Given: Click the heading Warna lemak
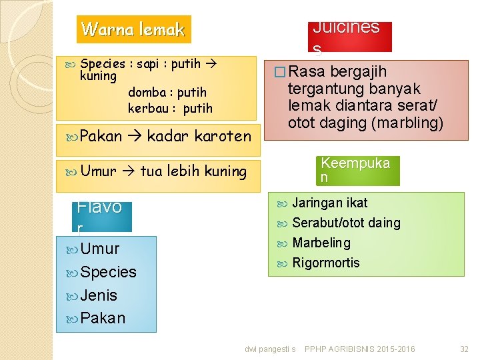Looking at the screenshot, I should tap(133, 29).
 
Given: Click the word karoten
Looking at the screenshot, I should tap(223, 136).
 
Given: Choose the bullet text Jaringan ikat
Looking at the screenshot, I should tap(329, 203).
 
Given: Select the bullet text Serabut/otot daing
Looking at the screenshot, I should tap(346, 223).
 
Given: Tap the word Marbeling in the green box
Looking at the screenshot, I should tap(321, 243).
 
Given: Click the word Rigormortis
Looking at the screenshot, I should tap(325, 263).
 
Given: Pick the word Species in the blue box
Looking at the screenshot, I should tap(108, 272).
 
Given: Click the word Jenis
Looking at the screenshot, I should tap(99, 295).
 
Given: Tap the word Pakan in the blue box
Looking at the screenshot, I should tap(103, 318).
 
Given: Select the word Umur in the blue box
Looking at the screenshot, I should tap(100, 249).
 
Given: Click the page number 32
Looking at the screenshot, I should tap(465, 349).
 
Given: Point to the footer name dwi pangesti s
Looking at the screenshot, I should tap(270, 349).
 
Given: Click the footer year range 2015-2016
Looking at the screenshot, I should tap(396, 349).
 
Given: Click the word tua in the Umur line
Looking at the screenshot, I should tap(151, 171).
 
